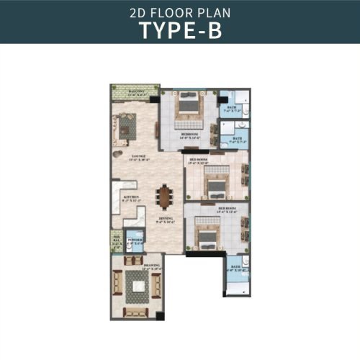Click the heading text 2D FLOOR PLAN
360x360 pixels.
[179, 12]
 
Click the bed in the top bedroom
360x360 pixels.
[189, 108]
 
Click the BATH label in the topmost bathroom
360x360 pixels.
[233, 109]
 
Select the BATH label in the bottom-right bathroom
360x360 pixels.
[236, 267]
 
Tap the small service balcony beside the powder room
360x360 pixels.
[116, 240]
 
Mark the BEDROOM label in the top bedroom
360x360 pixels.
[190, 135]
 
